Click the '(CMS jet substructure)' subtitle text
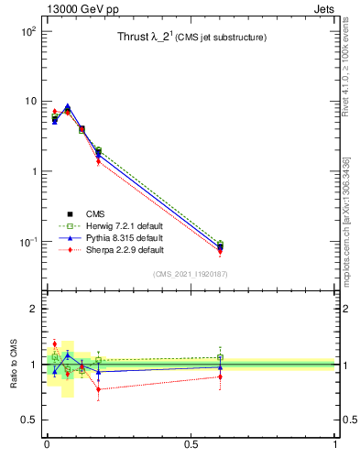click(x=221, y=38)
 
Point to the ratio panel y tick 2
click(x=33, y=309)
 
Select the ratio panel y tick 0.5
click(x=29, y=420)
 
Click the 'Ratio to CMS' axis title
click(x=14, y=365)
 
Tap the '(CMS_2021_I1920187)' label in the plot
click(x=191, y=273)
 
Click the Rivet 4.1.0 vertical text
click(x=346, y=82)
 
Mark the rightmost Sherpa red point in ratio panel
click(x=220, y=376)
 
